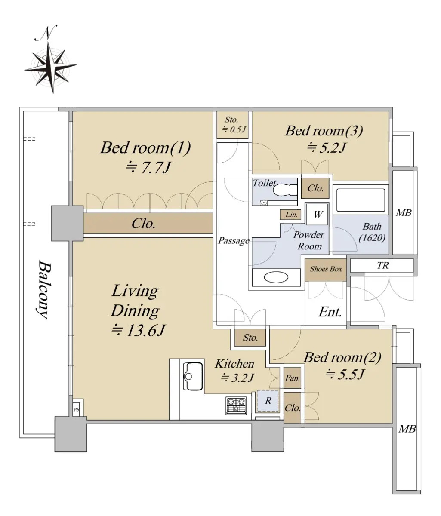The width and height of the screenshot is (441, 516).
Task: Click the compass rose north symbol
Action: coord(50,60)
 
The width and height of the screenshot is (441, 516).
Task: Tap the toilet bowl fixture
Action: coord(285,190)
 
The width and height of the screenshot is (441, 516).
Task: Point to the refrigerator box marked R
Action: coord(268,401)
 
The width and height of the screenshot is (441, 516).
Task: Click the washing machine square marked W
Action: coord(317,215)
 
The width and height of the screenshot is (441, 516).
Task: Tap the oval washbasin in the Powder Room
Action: coord(276,277)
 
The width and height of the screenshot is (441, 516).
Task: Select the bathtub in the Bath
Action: coord(361,200)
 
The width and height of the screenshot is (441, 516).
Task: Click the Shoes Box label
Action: coord(326,269)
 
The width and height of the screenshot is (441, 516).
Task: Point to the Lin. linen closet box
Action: coord(290,215)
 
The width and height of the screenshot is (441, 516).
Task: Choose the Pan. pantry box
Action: coord(292,378)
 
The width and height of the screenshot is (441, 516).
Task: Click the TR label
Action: coord(382,265)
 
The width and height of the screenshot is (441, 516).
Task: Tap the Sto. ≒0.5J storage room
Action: coord(232,125)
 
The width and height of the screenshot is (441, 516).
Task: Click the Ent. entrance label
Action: coord(330,312)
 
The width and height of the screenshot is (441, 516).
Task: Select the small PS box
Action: coord(77,409)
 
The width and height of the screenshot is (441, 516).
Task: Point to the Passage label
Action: coord(234,240)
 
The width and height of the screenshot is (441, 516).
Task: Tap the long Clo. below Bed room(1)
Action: coord(148,223)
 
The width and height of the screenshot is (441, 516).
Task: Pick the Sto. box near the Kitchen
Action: coord(250,338)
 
